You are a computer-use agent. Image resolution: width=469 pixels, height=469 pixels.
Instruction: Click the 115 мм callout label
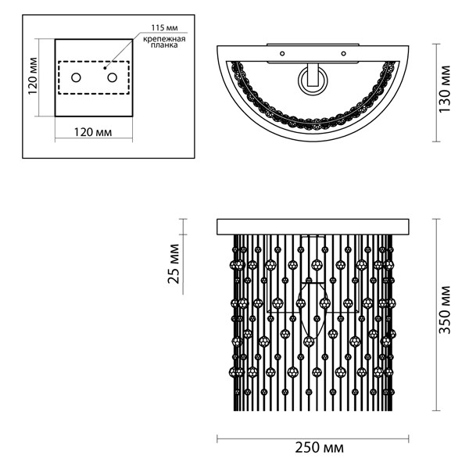pyautogui.click(x=164, y=28)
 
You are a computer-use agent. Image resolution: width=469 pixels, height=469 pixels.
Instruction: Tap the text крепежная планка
pyautogui.click(x=164, y=42)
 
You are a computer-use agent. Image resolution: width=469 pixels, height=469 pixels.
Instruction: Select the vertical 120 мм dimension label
pyautogui.click(x=33, y=76)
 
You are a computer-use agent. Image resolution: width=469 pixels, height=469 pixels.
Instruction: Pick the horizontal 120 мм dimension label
pyautogui.click(x=93, y=131)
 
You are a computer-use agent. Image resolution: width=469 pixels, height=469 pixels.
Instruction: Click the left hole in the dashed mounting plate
pyautogui.click(x=76, y=77)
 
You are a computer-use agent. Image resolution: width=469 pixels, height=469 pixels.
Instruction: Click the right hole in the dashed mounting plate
pyautogui.click(x=112, y=77)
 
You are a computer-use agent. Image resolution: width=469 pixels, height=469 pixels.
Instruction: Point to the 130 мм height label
pyautogui.click(x=445, y=89)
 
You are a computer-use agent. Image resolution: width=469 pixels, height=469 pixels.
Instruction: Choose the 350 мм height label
pyautogui.click(x=445, y=310)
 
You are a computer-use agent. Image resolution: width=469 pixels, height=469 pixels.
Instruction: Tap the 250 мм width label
pyautogui.click(x=319, y=448)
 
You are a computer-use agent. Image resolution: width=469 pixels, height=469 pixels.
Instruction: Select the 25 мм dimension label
pyautogui.click(x=174, y=264)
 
